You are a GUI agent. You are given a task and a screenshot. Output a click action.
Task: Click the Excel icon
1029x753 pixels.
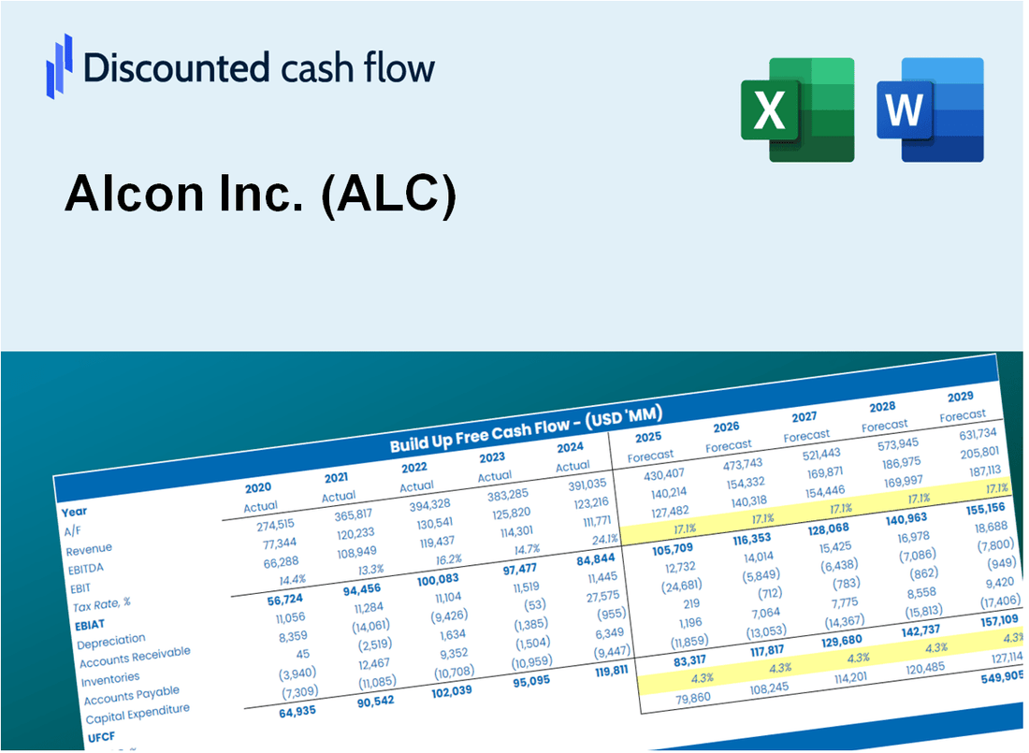pos(797,109)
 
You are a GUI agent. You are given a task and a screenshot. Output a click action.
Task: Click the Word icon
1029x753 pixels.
pos(930,109)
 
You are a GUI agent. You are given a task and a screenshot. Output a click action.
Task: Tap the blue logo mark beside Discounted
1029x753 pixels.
pos(59,65)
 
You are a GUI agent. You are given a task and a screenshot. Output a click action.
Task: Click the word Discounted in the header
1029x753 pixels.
pos(172,68)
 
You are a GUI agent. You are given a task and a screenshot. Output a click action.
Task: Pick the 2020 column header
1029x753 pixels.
pos(258,487)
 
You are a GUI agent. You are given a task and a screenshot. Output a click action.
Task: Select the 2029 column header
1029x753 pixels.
pos(960,396)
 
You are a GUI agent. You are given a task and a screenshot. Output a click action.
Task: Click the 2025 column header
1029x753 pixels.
pos(648,437)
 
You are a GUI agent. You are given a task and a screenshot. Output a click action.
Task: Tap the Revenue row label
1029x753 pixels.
pos(89,549)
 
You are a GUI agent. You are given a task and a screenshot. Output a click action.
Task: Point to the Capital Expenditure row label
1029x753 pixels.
pos(137,715)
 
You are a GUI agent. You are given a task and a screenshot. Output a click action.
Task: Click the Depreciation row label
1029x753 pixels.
pos(110,641)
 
